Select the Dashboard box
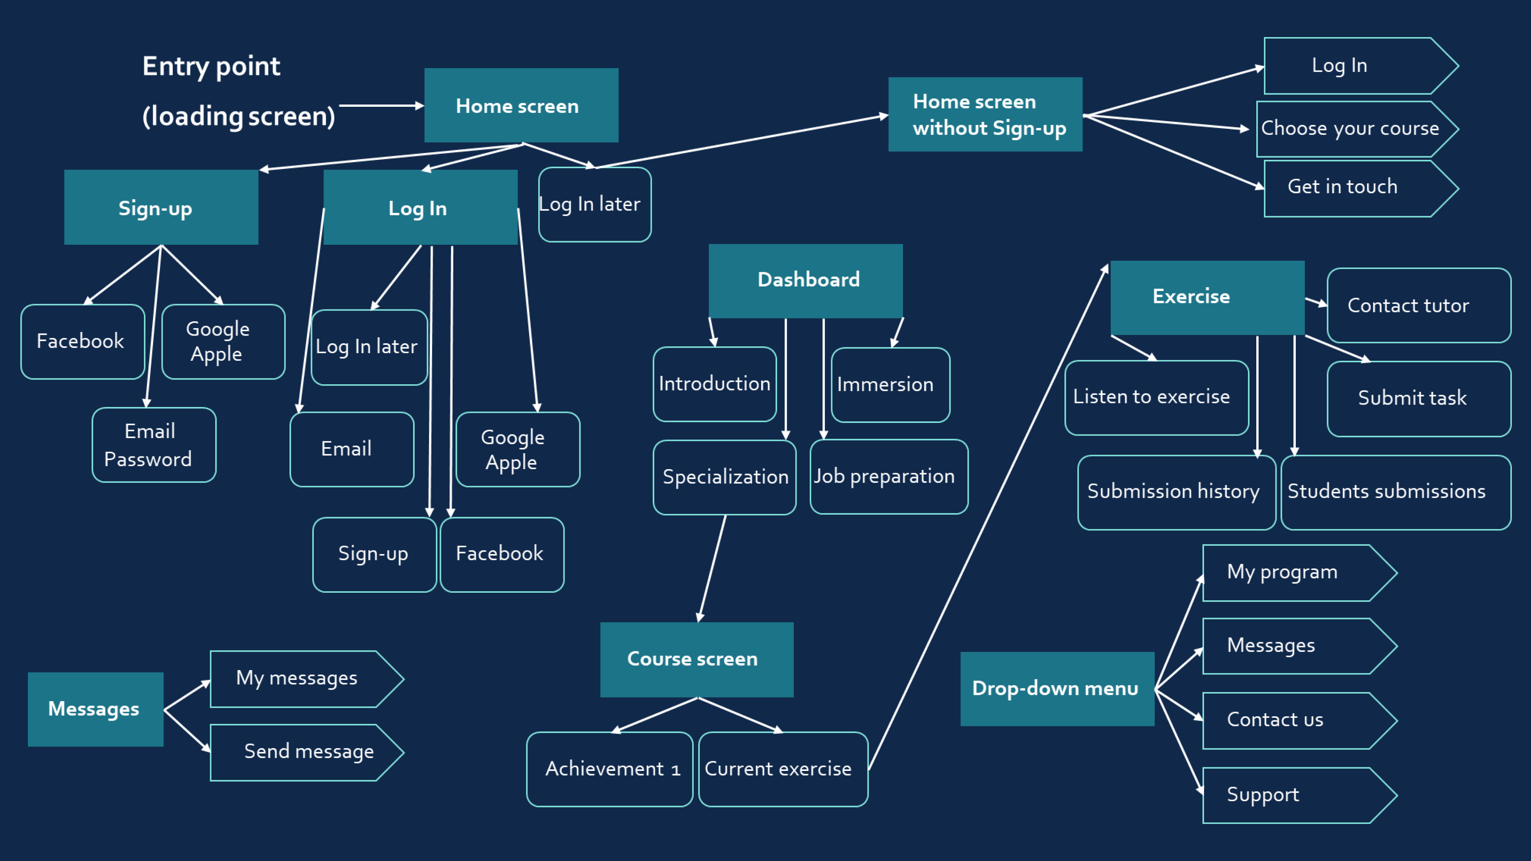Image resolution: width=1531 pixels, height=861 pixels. click(805, 281)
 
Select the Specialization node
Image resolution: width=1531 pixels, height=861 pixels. click(724, 477)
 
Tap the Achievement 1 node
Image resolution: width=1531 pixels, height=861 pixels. click(609, 769)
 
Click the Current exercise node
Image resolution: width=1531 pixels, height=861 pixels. click(782, 769)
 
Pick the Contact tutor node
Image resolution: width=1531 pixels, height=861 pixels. click(1418, 305)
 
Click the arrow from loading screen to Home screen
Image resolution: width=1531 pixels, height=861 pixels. click(380, 106)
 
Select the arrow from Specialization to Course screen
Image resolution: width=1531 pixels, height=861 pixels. click(712, 568)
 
